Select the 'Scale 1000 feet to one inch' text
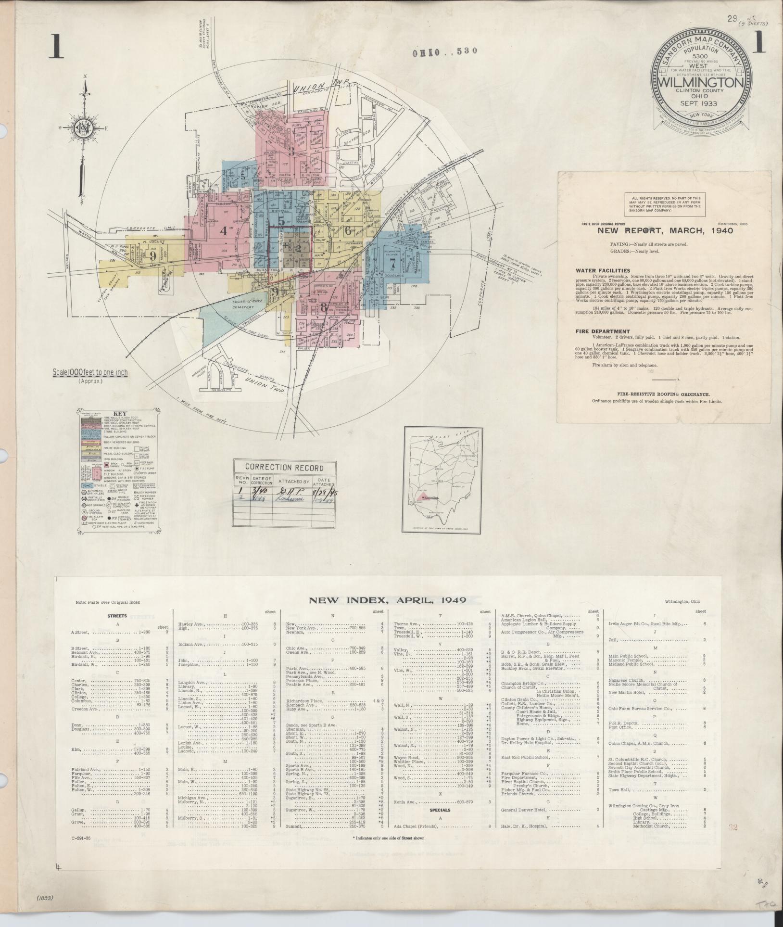point(90,373)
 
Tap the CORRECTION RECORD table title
point(284,468)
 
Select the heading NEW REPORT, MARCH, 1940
point(665,230)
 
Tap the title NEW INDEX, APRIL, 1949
point(387,600)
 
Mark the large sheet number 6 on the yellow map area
point(348,230)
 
